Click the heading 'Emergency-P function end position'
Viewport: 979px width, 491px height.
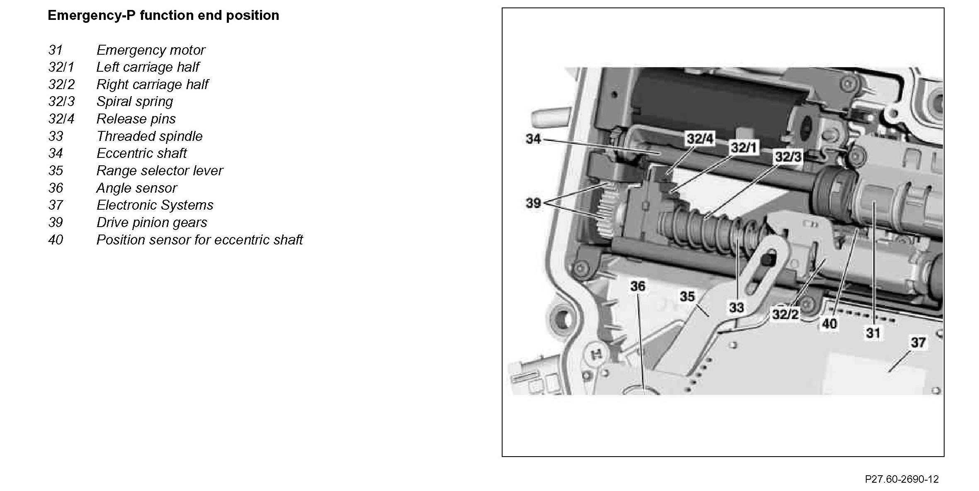163,16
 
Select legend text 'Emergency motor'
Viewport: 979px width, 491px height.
151,50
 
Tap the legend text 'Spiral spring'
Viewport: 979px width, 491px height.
134,102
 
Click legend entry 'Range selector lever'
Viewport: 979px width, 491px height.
160,171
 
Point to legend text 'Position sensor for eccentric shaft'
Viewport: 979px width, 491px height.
199,240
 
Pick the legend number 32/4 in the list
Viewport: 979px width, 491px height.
61,119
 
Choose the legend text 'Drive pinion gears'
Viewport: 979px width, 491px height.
151,223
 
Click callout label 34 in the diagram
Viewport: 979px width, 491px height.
533,139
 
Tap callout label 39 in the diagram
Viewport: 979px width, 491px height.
533,203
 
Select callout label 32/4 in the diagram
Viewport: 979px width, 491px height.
700,139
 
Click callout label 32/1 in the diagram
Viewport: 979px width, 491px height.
744,148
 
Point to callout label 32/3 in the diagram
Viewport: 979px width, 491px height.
788,157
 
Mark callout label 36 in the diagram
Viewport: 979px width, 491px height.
638,286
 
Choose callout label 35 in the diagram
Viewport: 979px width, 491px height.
687,296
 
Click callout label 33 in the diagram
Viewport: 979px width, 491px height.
736,307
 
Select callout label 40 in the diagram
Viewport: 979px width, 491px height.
829,324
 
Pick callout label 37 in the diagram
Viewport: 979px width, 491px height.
918,342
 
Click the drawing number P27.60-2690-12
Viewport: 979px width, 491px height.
901,479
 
